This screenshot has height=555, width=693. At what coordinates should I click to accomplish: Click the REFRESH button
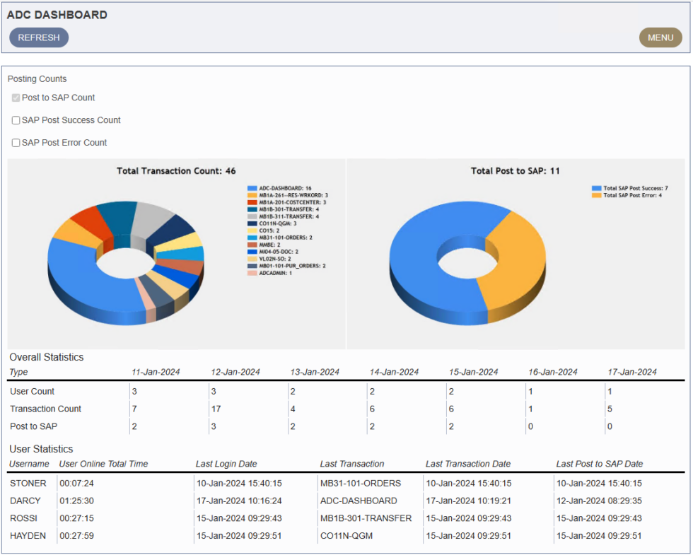(39, 37)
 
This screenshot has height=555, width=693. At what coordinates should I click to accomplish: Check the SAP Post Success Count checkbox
(16, 120)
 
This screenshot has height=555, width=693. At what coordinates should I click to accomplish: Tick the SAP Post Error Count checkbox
(16, 143)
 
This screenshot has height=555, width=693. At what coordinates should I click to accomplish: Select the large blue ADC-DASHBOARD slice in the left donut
(85, 283)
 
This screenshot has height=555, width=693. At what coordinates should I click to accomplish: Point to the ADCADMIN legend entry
(275, 273)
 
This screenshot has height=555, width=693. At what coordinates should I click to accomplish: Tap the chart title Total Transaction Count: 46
(176, 171)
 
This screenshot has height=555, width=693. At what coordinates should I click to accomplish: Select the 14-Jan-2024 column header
(394, 372)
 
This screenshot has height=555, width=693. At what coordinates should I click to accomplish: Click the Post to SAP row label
(33, 426)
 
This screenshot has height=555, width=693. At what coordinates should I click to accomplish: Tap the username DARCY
(25, 501)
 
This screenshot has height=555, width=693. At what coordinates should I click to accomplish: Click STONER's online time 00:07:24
(76, 484)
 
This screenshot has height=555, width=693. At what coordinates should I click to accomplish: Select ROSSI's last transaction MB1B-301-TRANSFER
(366, 518)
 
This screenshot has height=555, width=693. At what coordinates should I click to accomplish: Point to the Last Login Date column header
(226, 464)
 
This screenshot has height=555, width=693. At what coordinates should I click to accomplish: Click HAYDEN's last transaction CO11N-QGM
(346, 536)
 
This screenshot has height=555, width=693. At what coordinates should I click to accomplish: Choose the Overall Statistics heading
(46, 357)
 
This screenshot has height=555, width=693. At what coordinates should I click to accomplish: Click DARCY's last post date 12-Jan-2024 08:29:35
(599, 501)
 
